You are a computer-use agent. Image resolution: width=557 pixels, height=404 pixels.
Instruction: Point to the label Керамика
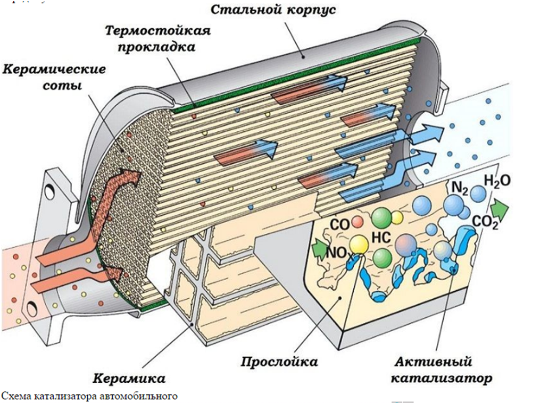(x=129, y=378)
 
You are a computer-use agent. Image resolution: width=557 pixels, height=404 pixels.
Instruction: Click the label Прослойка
(x=279, y=362)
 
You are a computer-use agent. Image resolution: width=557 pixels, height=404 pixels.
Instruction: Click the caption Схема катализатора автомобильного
(x=88, y=396)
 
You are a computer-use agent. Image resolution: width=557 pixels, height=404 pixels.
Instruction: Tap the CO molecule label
(x=339, y=224)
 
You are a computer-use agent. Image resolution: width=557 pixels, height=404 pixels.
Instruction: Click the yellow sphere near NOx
(x=359, y=245)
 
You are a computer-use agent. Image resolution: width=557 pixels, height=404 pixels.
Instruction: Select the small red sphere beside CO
(x=358, y=220)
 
